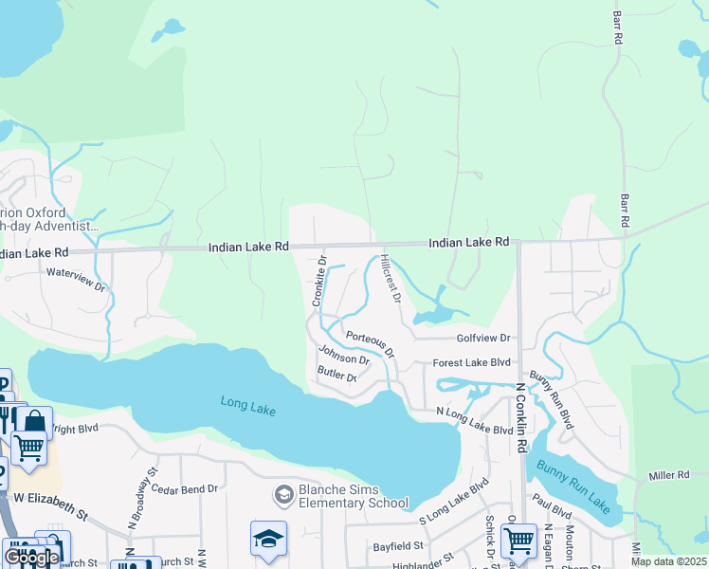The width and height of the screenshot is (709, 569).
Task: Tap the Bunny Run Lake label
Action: [570, 482]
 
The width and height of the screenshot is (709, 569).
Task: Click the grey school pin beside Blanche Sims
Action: [282, 495]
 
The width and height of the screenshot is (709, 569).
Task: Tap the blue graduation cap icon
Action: [268, 539]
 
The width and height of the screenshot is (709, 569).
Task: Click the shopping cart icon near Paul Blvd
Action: [518, 541]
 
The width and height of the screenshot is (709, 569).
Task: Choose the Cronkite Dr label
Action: [319, 281]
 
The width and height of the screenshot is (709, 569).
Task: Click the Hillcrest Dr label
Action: [391, 278]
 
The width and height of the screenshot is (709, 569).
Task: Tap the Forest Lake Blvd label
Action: [471, 363]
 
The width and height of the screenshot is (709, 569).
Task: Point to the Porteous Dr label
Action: [370, 342]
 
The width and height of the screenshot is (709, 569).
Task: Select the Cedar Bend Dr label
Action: [185, 489]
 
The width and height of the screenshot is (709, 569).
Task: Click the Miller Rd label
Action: [669, 474]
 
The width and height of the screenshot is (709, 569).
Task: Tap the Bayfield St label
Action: [397, 546]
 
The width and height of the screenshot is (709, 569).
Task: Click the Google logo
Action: [30, 558]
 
